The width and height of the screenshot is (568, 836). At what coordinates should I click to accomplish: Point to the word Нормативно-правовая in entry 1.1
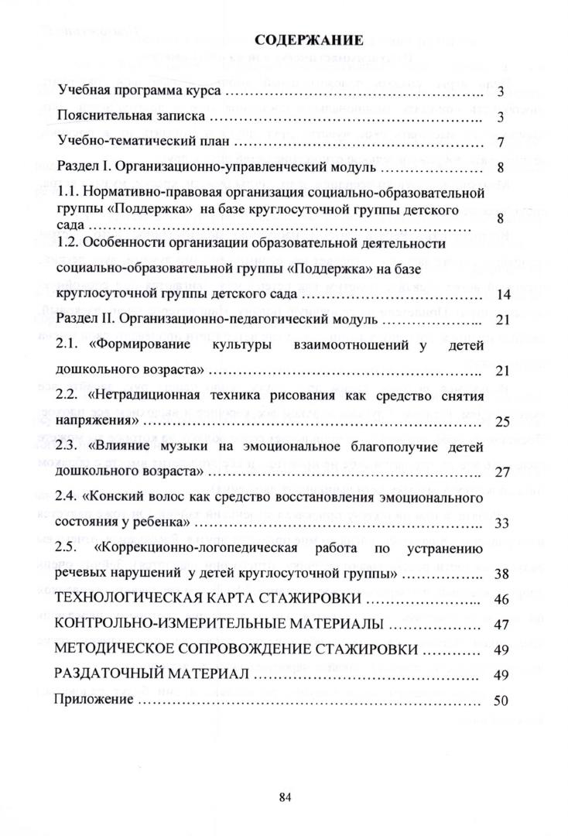pos(142,191)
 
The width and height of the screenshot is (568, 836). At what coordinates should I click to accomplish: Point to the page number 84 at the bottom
pos(284,796)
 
